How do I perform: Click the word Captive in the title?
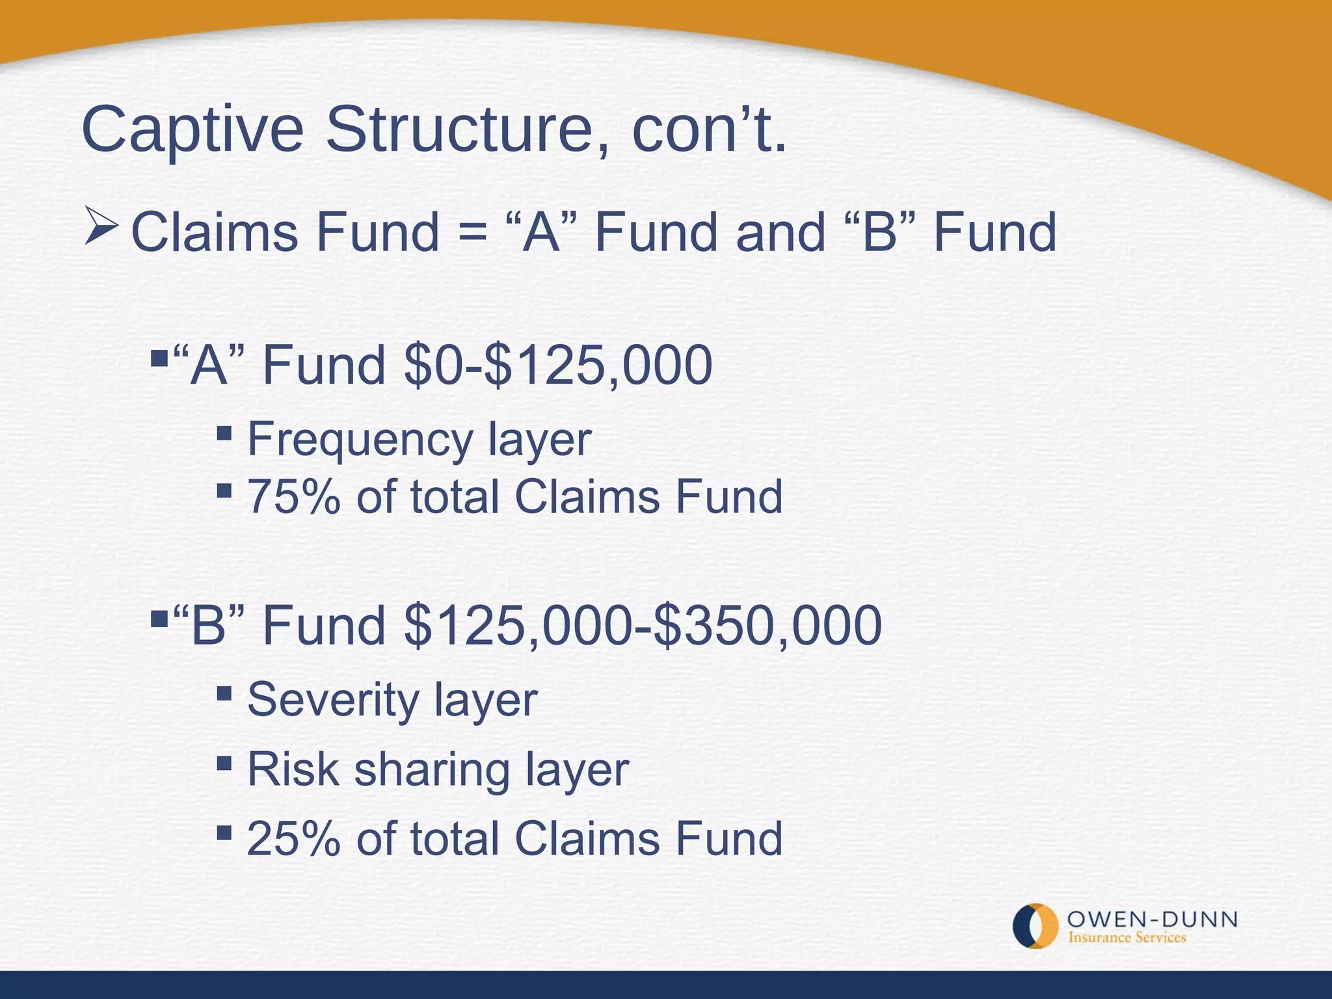click(193, 130)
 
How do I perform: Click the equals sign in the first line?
click(472, 234)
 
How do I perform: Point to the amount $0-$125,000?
click(558, 366)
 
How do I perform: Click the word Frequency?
click(360, 441)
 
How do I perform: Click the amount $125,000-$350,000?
click(643, 626)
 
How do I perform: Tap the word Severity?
click(333, 700)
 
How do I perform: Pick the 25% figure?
click(294, 839)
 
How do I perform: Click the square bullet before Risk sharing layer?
click(224, 762)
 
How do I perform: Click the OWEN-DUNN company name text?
click(1152, 919)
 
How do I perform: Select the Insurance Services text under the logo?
click(1127, 938)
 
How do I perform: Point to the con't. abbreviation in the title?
click(709, 130)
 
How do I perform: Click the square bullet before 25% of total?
click(224, 831)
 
